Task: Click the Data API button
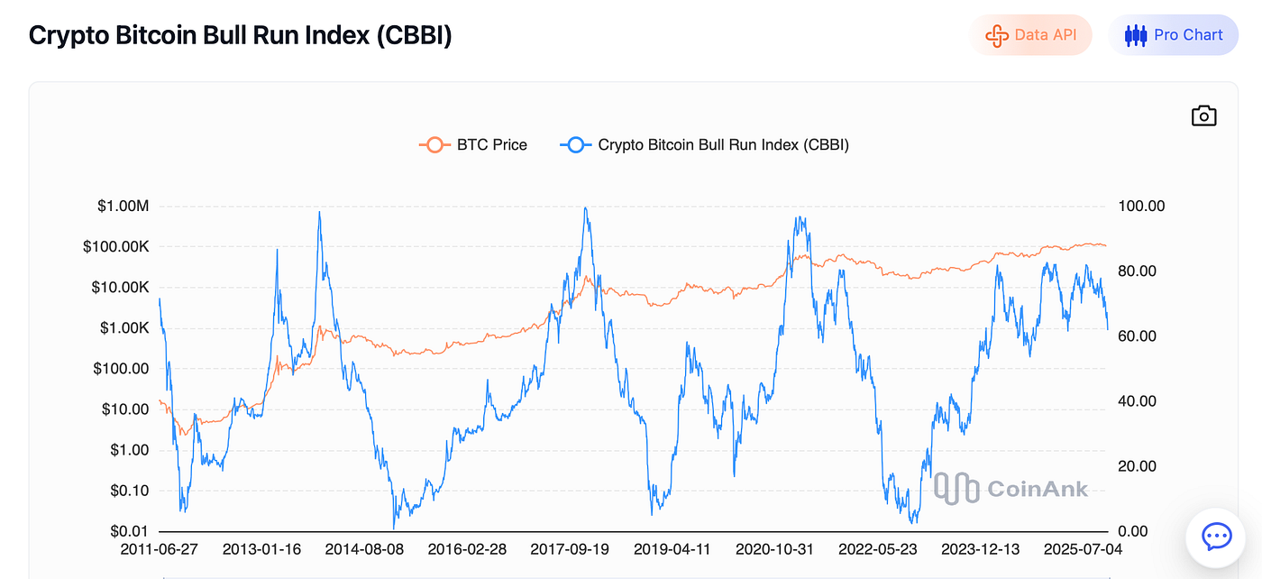pyautogui.click(x=1030, y=35)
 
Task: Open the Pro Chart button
pyautogui.click(x=1174, y=35)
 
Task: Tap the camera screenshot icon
pyautogui.click(x=1203, y=115)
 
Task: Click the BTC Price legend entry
pyautogui.click(x=474, y=144)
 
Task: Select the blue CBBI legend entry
pyautogui.click(x=705, y=144)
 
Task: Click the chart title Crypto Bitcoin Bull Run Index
pyautogui.click(x=240, y=35)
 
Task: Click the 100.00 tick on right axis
pyautogui.click(x=1141, y=207)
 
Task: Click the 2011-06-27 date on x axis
pyautogui.click(x=160, y=549)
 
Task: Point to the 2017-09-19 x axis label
pyautogui.click(x=571, y=549)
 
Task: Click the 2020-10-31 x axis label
pyautogui.click(x=776, y=549)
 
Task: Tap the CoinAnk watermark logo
pyautogui.click(x=1011, y=488)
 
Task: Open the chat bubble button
pyautogui.click(x=1217, y=538)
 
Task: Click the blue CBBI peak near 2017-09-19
pyautogui.click(x=585, y=208)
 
